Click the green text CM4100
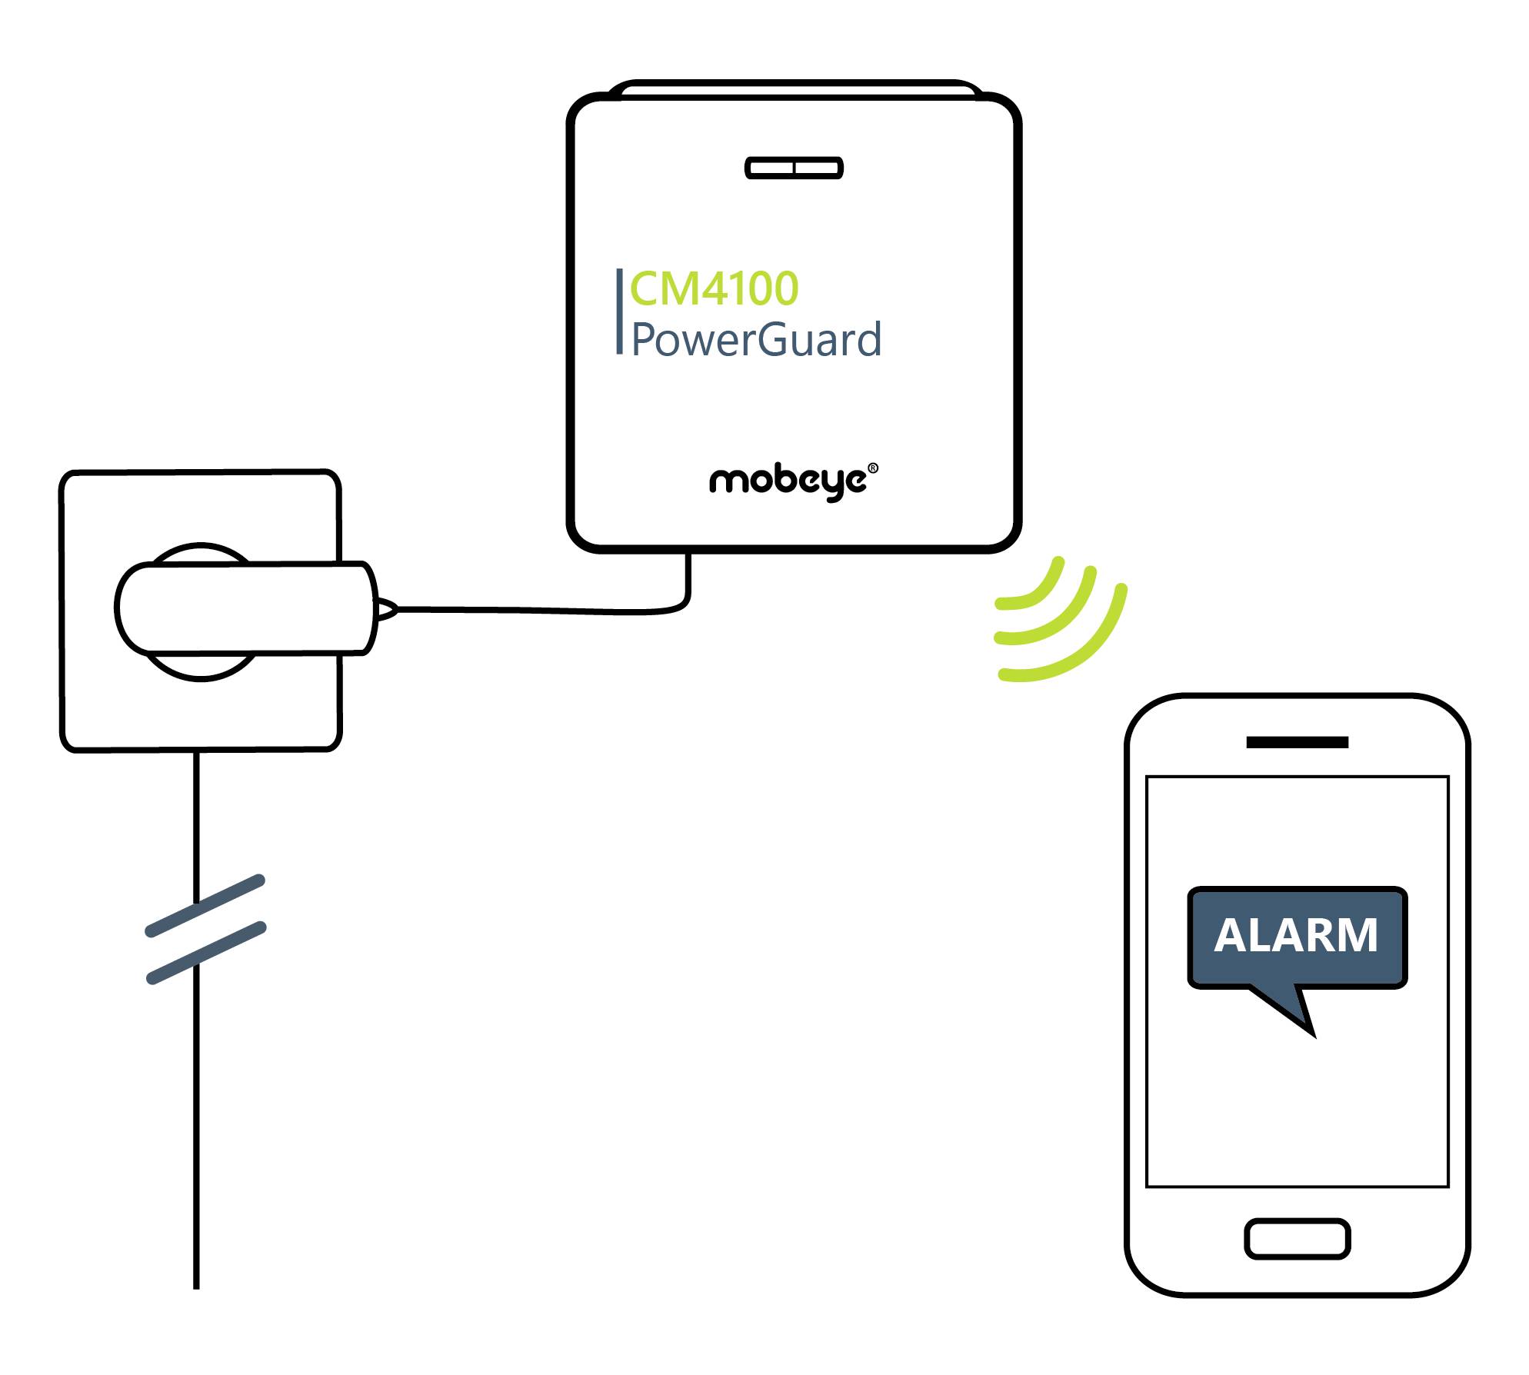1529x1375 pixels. click(x=714, y=288)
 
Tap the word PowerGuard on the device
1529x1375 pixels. click(x=756, y=339)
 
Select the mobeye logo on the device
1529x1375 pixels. click(x=788, y=481)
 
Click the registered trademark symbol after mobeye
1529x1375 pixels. click(x=872, y=468)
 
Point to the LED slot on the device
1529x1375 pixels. click(x=794, y=168)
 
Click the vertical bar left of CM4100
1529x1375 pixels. click(x=619, y=311)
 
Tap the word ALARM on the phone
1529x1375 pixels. click(x=1296, y=936)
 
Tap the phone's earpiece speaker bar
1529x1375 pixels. click(x=1297, y=742)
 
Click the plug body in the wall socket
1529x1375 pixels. click(x=246, y=608)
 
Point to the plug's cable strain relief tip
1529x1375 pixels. click(x=387, y=609)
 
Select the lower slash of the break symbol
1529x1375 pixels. click(x=206, y=953)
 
